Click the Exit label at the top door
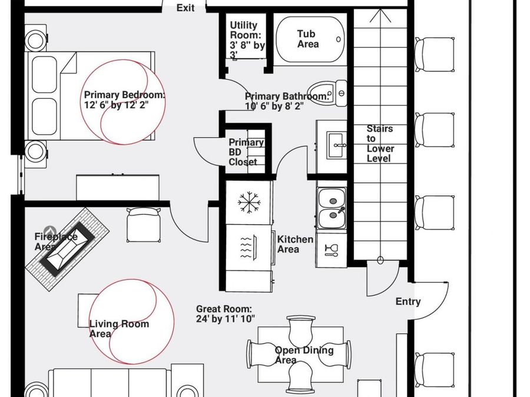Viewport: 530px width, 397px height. pyautogui.click(x=185, y=8)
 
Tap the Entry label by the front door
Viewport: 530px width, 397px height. pyautogui.click(x=408, y=302)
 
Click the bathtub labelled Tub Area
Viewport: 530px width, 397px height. pyautogui.click(x=310, y=39)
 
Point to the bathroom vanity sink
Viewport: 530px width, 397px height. pyautogui.click(x=336, y=145)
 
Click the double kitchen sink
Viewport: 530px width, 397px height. pyautogui.click(x=332, y=208)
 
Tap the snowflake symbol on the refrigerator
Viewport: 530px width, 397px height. pyautogui.click(x=249, y=202)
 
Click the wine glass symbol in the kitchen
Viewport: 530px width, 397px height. pyautogui.click(x=331, y=249)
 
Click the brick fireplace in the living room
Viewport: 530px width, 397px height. pyautogui.click(x=67, y=249)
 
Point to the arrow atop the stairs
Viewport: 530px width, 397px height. pyautogui.click(x=380, y=16)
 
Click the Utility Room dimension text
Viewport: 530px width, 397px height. pyautogui.click(x=247, y=40)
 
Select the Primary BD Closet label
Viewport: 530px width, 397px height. pyautogui.click(x=246, y=152)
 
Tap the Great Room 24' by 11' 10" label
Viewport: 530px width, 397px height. pyautogui.click(x=226, y=314)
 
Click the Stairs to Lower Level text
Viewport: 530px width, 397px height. pyautogui.click(x=380, y=144)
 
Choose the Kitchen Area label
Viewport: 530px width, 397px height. pyautogui.click(x=295, y=245)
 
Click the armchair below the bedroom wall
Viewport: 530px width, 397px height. pyautogui.click(x=144, y=225)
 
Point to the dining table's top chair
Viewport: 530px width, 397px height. pyautogui.click(x=301, y=331)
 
